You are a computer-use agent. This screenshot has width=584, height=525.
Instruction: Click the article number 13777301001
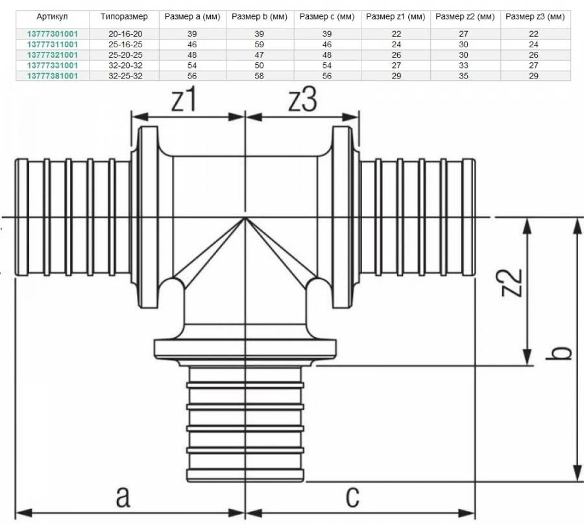click(53, 34)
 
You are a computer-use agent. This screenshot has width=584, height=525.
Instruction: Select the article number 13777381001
click(53, 76)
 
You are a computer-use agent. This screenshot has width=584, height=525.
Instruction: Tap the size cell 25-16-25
click(125, 44)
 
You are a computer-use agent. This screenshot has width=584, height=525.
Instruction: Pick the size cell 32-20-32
click(125, 65)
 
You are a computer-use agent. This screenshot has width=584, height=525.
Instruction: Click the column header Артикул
click(52, 17)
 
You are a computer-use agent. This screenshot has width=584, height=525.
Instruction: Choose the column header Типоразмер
click(124, 17)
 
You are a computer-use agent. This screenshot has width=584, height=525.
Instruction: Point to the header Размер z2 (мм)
click(465, 17)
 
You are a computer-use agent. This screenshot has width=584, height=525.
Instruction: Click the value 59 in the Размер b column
click(259, 44)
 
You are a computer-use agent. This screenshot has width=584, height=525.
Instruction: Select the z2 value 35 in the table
click(463, 76)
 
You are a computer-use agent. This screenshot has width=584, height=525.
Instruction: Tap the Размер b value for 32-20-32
click(259, 65)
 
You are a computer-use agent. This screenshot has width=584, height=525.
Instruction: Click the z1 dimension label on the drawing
click(184, 100)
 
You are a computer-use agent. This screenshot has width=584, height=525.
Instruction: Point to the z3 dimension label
click(303, 99)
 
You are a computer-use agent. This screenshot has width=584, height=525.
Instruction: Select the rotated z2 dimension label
click(512, 282)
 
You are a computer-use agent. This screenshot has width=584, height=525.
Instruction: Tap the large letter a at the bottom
click(123, 496)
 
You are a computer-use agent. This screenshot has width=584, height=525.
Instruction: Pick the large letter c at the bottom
click(352, 496)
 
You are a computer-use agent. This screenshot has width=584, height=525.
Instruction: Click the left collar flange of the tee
click(148, 217)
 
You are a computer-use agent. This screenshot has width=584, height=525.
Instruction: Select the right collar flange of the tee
click(342, 217)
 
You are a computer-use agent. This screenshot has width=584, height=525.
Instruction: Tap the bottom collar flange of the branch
click(245, 349)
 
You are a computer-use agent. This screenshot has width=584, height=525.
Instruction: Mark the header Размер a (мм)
click(193, 17)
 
